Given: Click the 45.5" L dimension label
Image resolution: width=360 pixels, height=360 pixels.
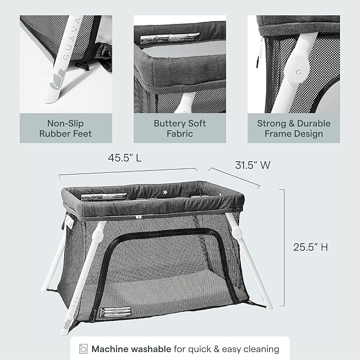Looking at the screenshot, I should pyautogui.click(x=127, y=158).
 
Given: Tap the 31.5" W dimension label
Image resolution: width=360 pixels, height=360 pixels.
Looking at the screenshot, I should pyautogui.click(x=253, y=165).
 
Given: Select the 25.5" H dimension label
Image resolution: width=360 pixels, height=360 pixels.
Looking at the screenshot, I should pyautogui.click(x=311, y=247).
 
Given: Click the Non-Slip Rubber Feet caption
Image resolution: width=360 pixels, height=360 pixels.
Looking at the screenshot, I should pyautogui.click(x=65, y=128).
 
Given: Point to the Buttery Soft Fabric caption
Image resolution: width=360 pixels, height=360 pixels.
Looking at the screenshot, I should pyautogui.click(x=180, y=128).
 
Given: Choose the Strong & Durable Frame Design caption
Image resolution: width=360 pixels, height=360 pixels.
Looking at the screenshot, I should pyautogui.click(x=294, y=128).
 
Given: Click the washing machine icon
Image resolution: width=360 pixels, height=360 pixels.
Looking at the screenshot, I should pyautogui.click(x=83, y=349).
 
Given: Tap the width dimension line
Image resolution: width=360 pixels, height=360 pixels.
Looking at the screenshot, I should pyautogui.click(x=234, y=177).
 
